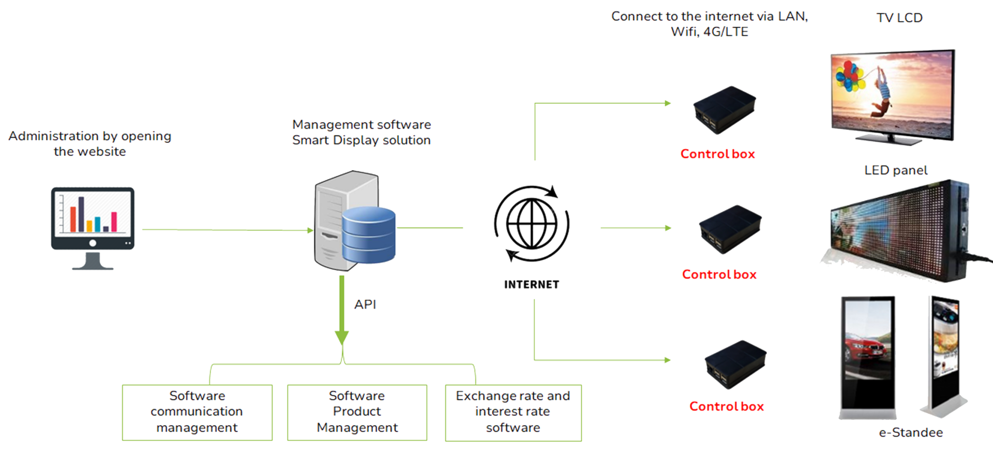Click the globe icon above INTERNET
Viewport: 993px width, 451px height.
532,224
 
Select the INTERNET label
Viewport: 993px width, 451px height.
532,284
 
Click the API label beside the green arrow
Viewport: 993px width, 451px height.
365,304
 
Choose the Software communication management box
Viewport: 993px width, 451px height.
197,412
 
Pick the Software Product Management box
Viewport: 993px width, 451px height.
357,412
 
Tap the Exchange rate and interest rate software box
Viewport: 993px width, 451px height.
513,412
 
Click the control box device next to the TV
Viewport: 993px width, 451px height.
724,110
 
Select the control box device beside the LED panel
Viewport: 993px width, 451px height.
730,229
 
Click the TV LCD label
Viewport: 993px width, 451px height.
899,18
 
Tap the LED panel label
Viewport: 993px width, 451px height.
896,170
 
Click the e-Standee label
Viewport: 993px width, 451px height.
911,433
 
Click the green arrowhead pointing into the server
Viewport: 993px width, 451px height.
310,230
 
